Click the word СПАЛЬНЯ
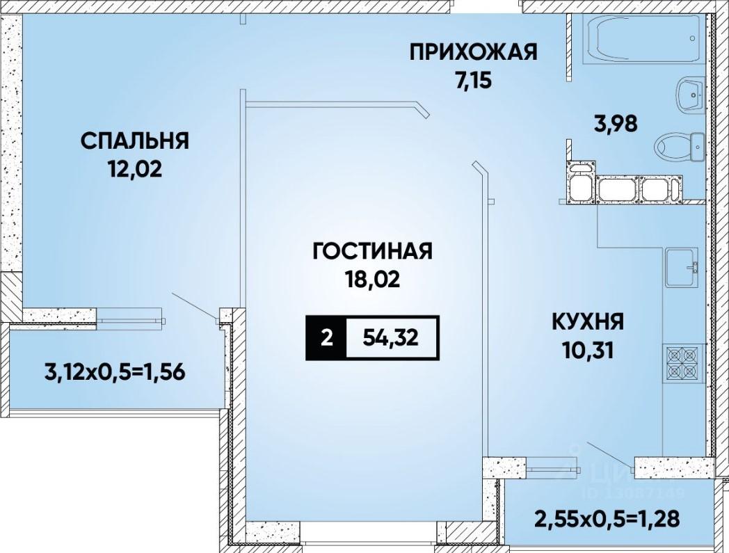(x=135, y=141)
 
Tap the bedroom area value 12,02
(x=135, y=169)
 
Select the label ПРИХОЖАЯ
(x=473, y=52)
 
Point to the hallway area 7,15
(x=473, y=81)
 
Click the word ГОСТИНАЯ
(x=373, y=251)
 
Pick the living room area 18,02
(x=372, y=280)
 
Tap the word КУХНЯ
(x=588, y=322)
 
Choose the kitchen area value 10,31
(x=588, y=350)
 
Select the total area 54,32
(x=390, y=338)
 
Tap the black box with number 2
(x=326, y=338)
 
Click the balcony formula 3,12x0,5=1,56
(x=115, y=372)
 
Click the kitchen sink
(x=682, y=267)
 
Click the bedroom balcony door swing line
(x=194, y=305)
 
